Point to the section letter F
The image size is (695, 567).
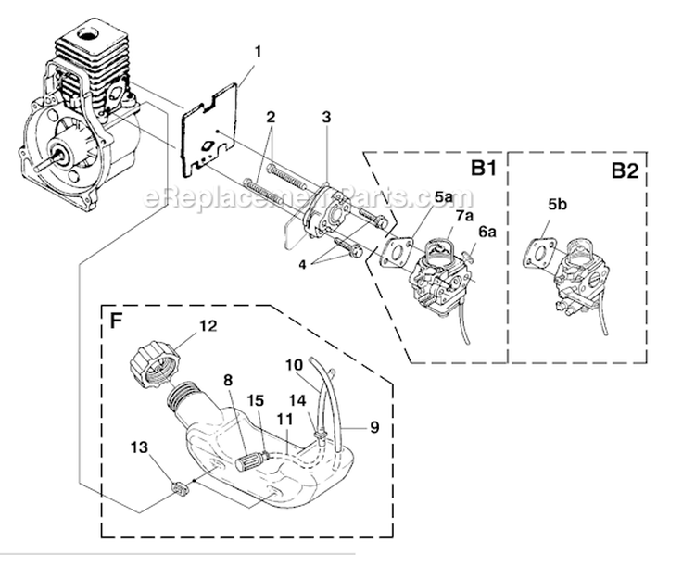[117, 322]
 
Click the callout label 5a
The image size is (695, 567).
[442, 197]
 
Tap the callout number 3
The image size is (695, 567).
[327, 118]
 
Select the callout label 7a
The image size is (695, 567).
[463, 216]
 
